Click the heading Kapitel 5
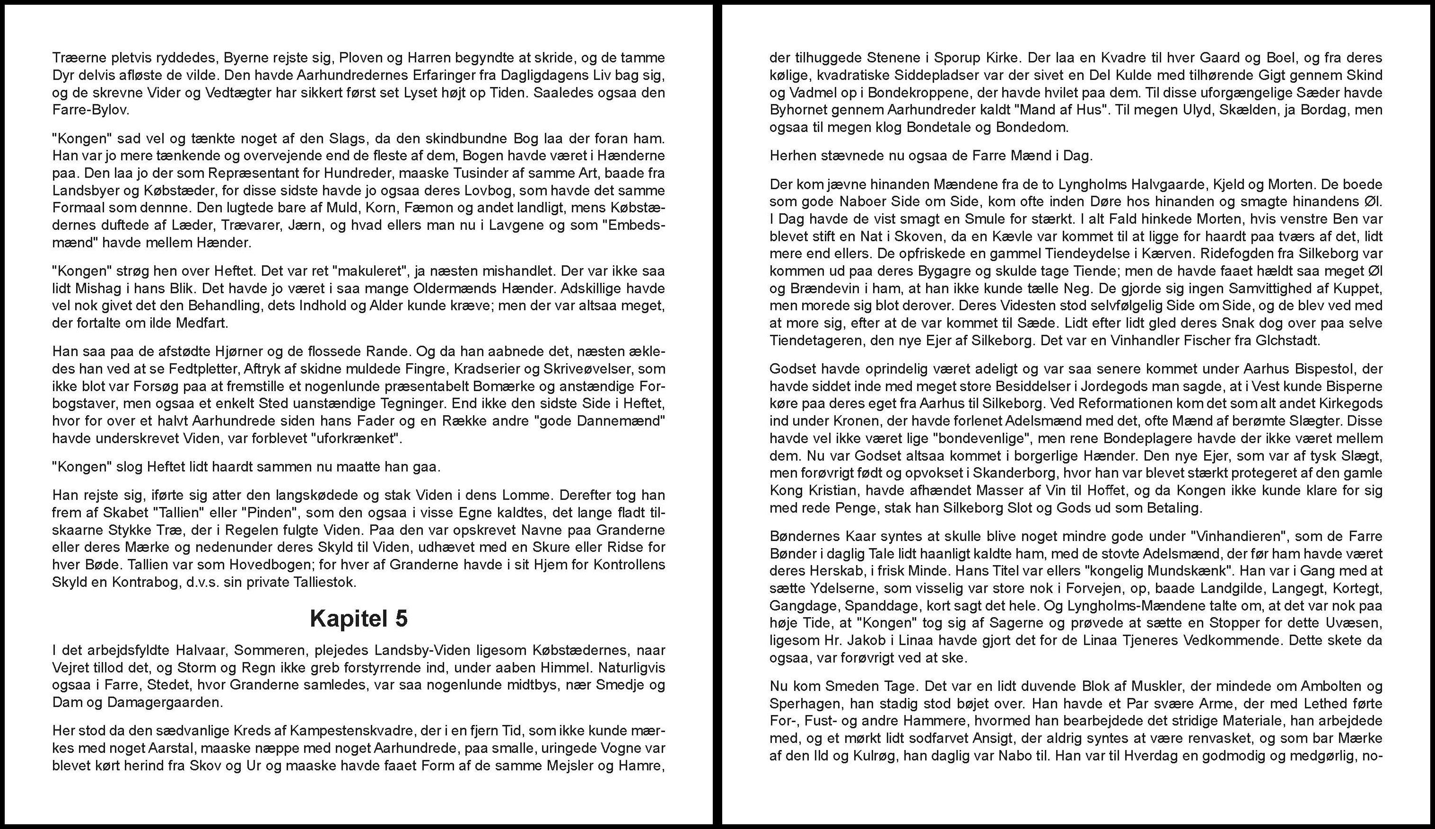(359, 619)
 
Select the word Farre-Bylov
(90, 110)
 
